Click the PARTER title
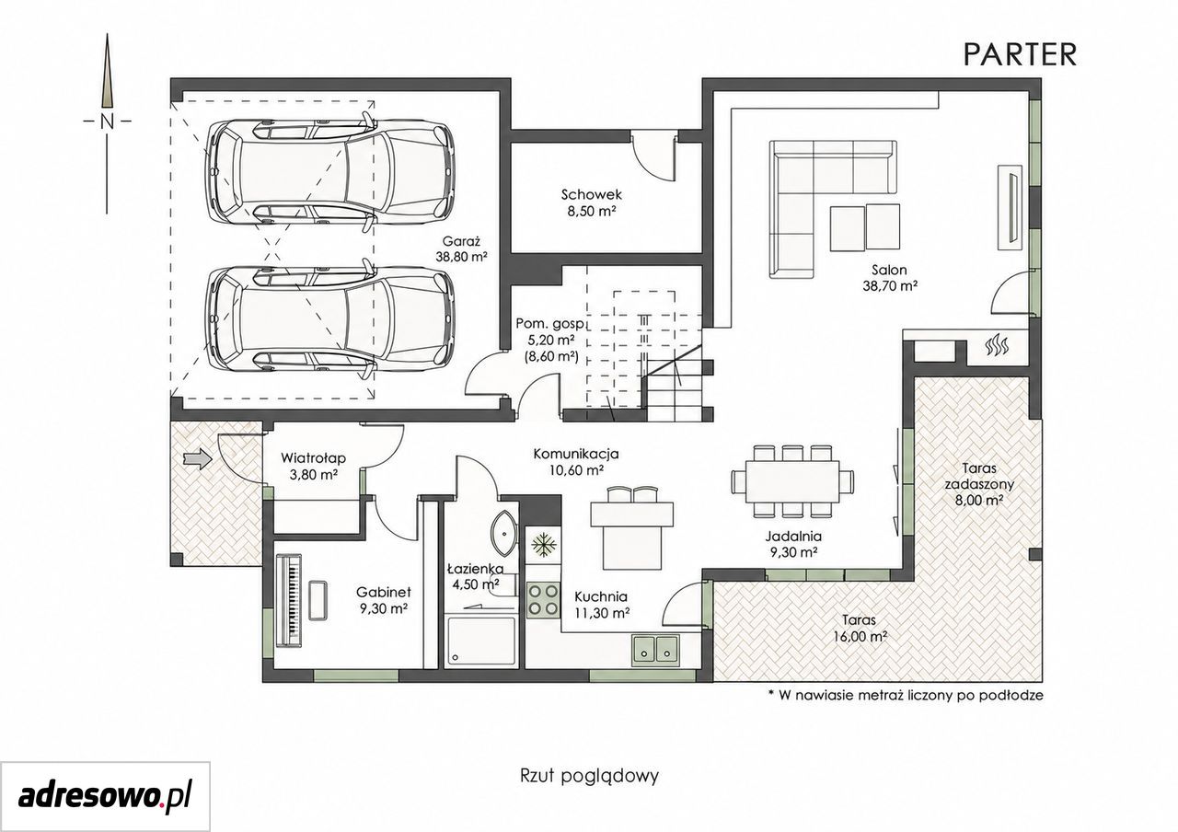(1021, 55)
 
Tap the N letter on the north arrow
(108, 122)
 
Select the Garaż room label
(461, 241)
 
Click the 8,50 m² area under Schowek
(591, 212)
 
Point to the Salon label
(889, 271)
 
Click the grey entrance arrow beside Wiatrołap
(197, 459)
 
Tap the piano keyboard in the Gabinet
(289, 598)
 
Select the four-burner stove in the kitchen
(543, 599)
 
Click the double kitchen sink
(656, 647)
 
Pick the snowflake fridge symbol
(543, 546)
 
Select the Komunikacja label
(576, 454)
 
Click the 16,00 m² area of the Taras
(860, 637)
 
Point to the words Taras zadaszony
(979, 476)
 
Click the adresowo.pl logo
(105, 796)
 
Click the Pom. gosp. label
(549, 323)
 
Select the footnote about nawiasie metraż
(906, 695)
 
